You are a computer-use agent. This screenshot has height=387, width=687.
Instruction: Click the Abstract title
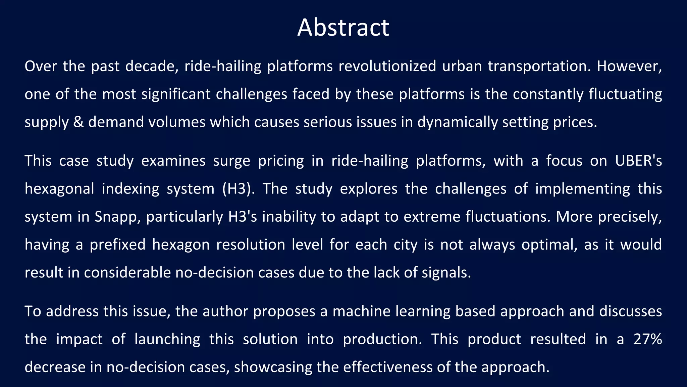pos(343,28)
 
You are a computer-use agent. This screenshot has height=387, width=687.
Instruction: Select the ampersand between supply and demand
pos(78,122)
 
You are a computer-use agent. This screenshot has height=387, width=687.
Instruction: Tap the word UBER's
pos(638,161)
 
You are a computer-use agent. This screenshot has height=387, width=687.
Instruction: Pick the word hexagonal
pos(59,189)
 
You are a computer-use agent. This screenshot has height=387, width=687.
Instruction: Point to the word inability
pos(289,217)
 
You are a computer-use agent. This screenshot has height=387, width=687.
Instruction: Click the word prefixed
pos(117,245)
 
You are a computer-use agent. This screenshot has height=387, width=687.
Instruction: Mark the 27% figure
pos(648,339)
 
